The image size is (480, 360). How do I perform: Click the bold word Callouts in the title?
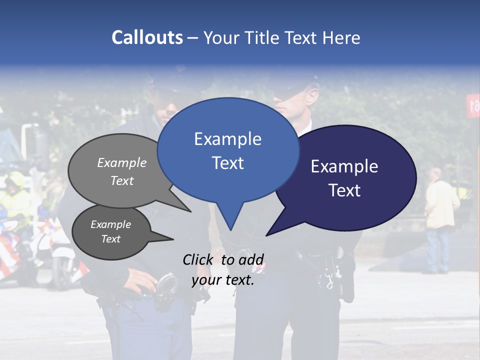pyautogui.click(x=147, y=37)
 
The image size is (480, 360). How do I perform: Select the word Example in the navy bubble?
pyautogui.click(x=344, y=166)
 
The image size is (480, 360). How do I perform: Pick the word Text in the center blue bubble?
pyautogui.click(x=228, y=163)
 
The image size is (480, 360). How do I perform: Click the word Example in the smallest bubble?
pyautogui.click(x=110, y=224)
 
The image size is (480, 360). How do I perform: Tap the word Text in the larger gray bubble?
pyautogui.click(x=122, y=180)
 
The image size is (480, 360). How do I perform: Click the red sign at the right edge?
pyautogui.click(x=473, y=105)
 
